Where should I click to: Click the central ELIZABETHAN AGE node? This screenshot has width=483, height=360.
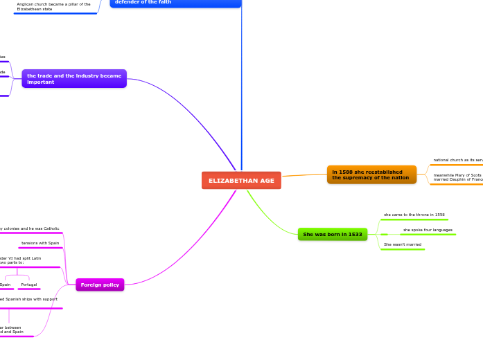[x=241, y=181]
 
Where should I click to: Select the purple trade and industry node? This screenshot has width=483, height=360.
[x=74, y=78]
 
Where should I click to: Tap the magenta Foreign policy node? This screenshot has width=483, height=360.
[x=100, y=285]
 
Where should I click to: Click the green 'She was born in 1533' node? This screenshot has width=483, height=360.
[x=333, y=235]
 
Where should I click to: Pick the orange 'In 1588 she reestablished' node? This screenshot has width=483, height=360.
[x=371, y=174]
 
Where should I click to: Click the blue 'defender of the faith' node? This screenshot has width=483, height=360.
[x=175, y=2]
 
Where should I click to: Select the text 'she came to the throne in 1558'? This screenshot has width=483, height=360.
[x=414, y=215]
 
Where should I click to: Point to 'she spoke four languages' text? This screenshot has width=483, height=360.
[x=428, y=230]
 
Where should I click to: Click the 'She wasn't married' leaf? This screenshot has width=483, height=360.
[x=403, y=244]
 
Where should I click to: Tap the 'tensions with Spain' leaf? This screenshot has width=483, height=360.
[x=40, y=243]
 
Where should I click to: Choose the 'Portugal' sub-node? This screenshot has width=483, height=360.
[x=29, y=285]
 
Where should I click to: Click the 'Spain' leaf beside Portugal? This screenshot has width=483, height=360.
[x=6, y=285]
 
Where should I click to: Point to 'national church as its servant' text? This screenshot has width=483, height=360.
[x=457, y=160]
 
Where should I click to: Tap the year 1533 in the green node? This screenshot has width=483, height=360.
[x=354, y=235]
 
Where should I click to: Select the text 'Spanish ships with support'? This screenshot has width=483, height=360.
[x=32, y=299]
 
